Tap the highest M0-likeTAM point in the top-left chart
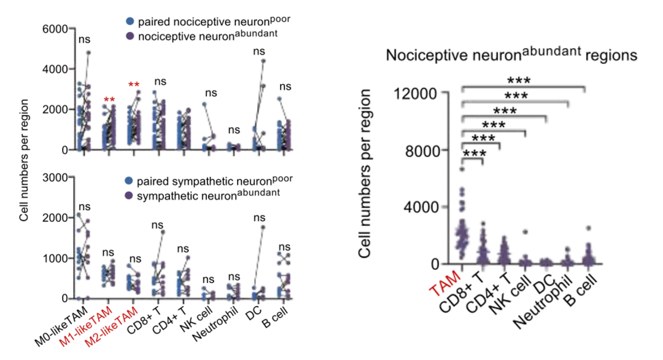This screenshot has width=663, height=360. pyautogui.click(x=88, y=53)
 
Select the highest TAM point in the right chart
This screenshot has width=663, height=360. pyautogui.click(x=462, y=168)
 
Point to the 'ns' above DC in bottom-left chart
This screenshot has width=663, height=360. pyautogui.click(x=259, y=217)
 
